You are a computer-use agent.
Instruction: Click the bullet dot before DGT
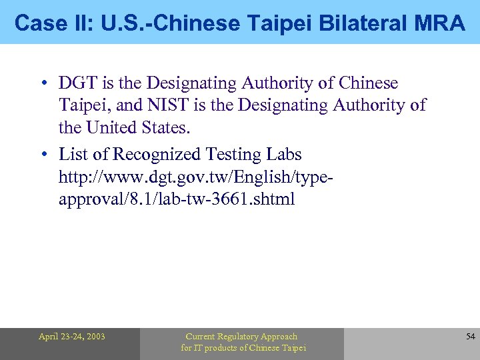point(43,84)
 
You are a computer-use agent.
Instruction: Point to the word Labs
point(283,155)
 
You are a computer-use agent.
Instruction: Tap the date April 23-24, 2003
point(71,337)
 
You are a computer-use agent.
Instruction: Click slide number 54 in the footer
point(470,337)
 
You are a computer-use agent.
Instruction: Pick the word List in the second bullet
point(75,155)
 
